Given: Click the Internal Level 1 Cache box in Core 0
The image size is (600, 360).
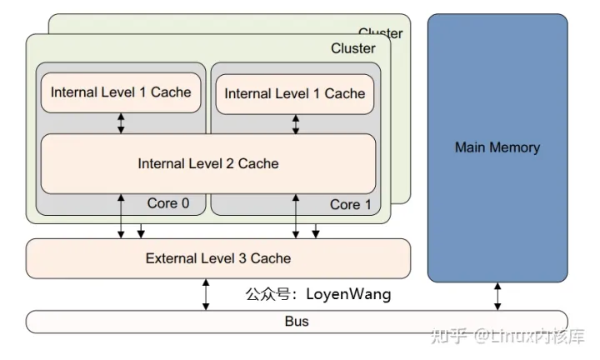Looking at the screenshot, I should [121, 92].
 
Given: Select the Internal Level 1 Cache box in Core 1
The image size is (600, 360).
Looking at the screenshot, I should [295, 93].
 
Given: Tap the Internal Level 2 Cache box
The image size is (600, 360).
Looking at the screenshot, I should [207, 163].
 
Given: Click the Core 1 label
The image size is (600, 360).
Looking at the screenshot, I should [345, 204].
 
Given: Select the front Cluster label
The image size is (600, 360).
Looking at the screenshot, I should [352, 48].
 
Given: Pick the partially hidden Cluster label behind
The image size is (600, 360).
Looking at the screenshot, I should [380, 33].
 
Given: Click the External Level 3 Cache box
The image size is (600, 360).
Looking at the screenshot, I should [218, 258].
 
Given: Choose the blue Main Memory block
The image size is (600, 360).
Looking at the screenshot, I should [497, 147].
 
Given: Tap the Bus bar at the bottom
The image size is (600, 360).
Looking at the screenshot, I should [297, 321].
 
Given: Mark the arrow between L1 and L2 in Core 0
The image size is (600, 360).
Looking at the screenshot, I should [122, 122].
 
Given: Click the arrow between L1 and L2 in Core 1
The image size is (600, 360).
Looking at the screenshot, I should [295, 124].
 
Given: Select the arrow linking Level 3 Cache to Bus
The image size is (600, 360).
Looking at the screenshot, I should [206, 295].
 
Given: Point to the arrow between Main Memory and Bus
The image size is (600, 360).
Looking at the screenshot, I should [497, 296].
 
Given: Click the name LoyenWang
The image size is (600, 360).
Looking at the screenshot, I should [348, 294].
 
